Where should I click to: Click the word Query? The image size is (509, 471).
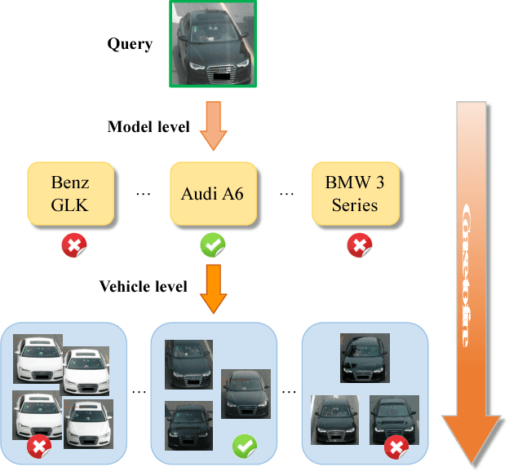130,44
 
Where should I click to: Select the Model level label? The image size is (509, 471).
148,126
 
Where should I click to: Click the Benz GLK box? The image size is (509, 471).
70,193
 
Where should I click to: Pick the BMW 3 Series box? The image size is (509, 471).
355,193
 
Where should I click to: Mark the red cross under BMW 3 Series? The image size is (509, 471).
359,245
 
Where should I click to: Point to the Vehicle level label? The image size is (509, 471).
144,287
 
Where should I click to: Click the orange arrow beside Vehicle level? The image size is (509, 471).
213,288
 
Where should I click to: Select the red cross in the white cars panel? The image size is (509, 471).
38,447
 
